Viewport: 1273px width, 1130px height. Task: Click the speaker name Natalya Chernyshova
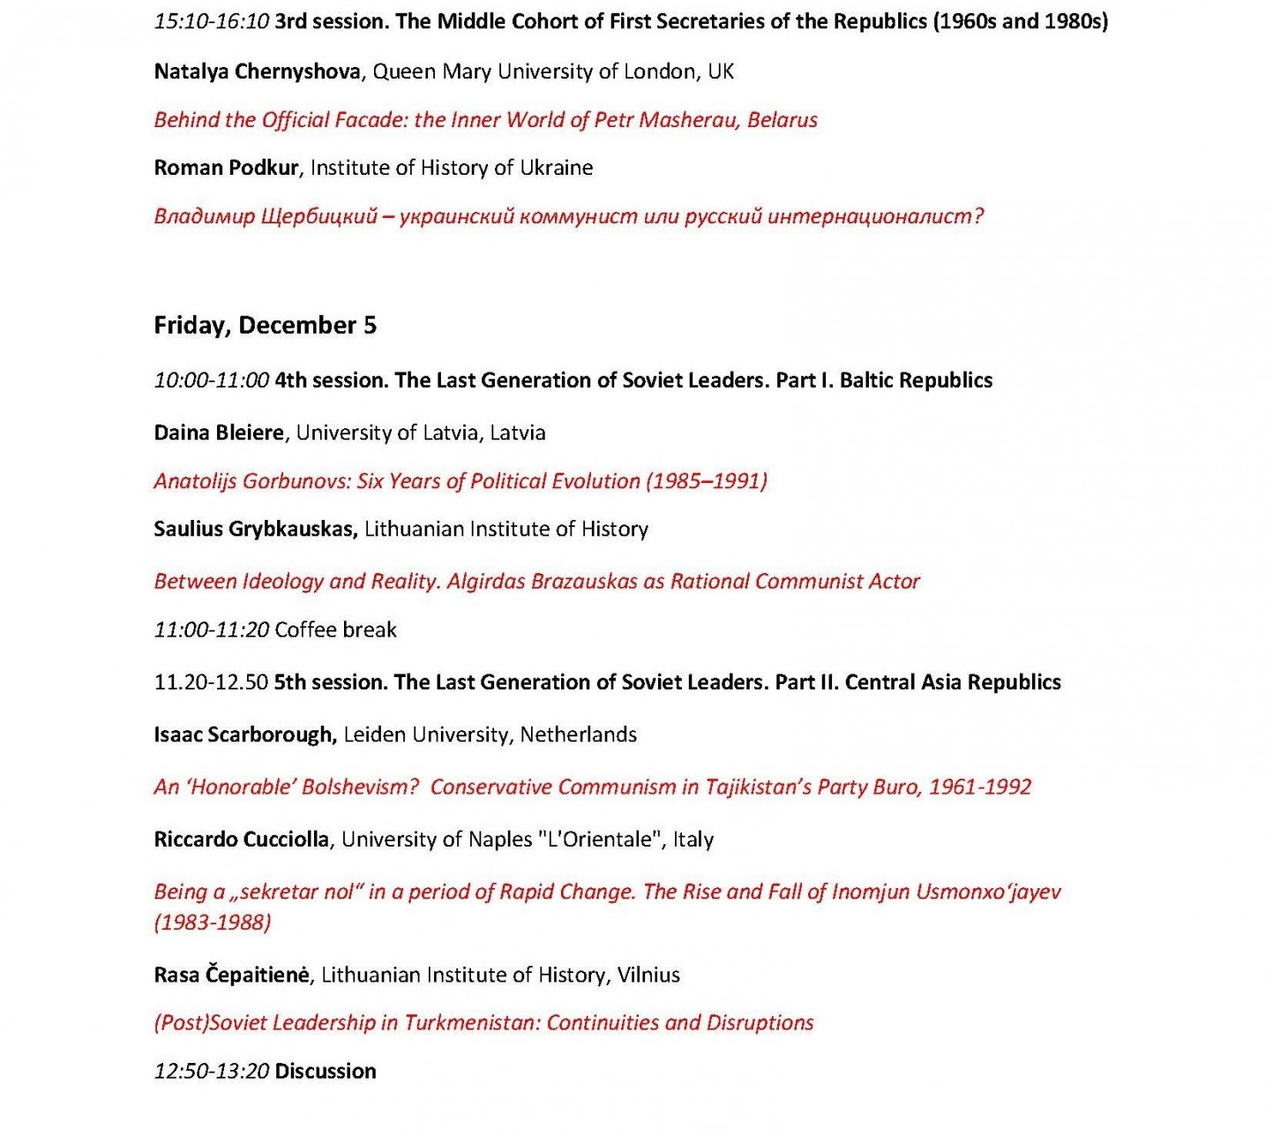tap(257, 72)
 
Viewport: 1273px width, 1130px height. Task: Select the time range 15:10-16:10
tap(211, 21)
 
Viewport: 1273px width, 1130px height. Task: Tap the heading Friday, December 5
tap(265, 325)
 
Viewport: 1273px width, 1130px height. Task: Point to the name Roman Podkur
tap(226, 168)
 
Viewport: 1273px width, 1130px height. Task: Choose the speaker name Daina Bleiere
tap(219, 433)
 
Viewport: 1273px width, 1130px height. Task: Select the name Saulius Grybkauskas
tap(255, 529)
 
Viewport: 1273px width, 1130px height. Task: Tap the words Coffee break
tap(335, 629)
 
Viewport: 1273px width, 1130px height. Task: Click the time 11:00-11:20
tap(211, 629)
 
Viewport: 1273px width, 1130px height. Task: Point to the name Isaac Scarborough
tap(245, 734)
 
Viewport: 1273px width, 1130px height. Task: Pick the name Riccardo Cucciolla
tap(241, 839)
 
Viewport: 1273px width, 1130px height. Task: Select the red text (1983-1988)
tap(212, 923)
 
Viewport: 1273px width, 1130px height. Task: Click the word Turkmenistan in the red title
tap(472, 1022)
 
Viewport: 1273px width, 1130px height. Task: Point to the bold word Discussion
tap(326, 1071)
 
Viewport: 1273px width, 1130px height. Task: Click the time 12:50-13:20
tap(211, 1071)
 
